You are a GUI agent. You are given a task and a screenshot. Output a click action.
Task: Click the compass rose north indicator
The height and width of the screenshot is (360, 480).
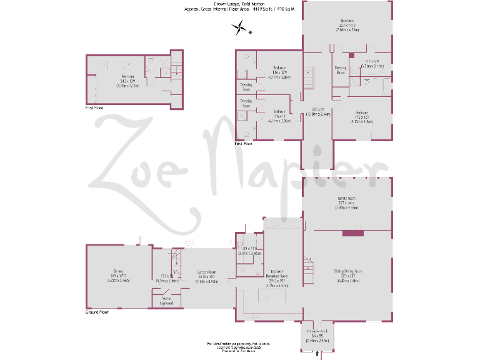click(x=239, y=27)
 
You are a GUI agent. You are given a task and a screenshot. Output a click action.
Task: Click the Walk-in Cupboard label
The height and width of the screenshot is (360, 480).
click(x=166, y=301)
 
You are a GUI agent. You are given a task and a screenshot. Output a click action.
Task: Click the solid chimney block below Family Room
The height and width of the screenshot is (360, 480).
click(x=352, y=233)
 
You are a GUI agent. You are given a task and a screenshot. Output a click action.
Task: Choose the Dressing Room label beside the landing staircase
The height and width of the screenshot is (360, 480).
click(x=341, y=69)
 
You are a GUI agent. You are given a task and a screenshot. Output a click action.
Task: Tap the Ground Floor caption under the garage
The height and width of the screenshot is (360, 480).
click(x=97, y=312)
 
